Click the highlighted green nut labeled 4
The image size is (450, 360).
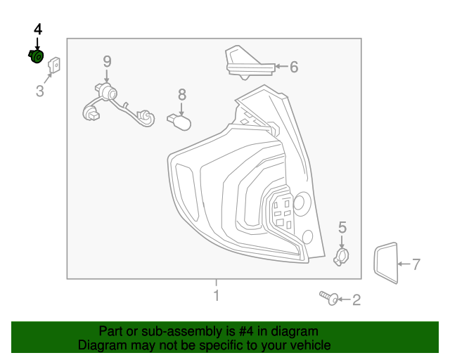36,56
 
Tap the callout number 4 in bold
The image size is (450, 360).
37,29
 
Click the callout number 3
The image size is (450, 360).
40,91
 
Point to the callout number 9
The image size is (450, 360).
107,61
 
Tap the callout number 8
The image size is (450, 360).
181,94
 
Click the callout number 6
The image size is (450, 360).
294,67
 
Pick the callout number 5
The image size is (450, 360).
342,227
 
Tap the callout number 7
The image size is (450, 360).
416,265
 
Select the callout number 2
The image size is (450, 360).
356,301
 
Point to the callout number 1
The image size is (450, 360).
216,295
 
